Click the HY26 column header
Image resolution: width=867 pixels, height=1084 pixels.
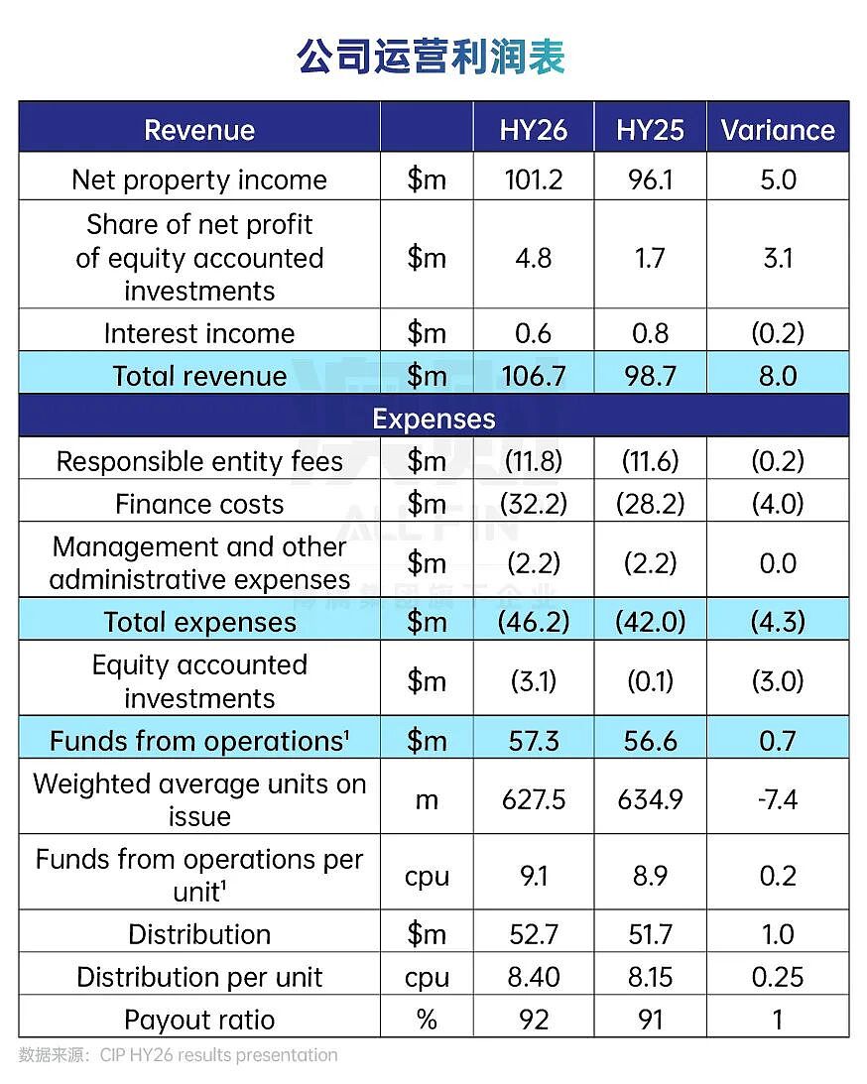coord(533,130)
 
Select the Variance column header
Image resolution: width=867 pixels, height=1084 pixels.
coord(778,130)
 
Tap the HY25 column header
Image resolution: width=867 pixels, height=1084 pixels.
coord(650,130)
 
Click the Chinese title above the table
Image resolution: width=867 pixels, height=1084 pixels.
coord(433,57)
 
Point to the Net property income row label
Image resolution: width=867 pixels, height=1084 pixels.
coord(199,180)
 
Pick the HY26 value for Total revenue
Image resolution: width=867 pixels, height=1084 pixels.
coord(533,376)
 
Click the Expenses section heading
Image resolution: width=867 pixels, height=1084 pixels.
coord(433,419)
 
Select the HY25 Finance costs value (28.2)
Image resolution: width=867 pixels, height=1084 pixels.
coord(650,503)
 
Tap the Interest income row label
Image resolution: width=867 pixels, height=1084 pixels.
coord(199,333)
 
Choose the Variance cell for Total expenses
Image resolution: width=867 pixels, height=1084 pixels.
coord(778,622)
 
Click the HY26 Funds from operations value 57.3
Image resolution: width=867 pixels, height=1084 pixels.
coord(533,741)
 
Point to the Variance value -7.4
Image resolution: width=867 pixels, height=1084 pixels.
coord(778,800)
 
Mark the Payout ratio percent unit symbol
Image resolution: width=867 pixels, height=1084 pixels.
coord(427,1020)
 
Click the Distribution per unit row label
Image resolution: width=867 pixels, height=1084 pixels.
coord(199,977)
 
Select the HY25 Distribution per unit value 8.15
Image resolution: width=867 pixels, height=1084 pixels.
coord(650,977)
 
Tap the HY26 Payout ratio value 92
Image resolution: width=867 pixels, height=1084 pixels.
coord(533,1020)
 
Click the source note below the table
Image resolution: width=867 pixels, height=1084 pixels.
coord(179,1055)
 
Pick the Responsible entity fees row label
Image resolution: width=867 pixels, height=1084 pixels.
coord(199,461)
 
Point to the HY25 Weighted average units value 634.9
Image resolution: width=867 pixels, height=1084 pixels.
coord(650,800)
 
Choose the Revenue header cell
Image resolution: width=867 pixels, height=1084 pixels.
coord(199,130)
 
